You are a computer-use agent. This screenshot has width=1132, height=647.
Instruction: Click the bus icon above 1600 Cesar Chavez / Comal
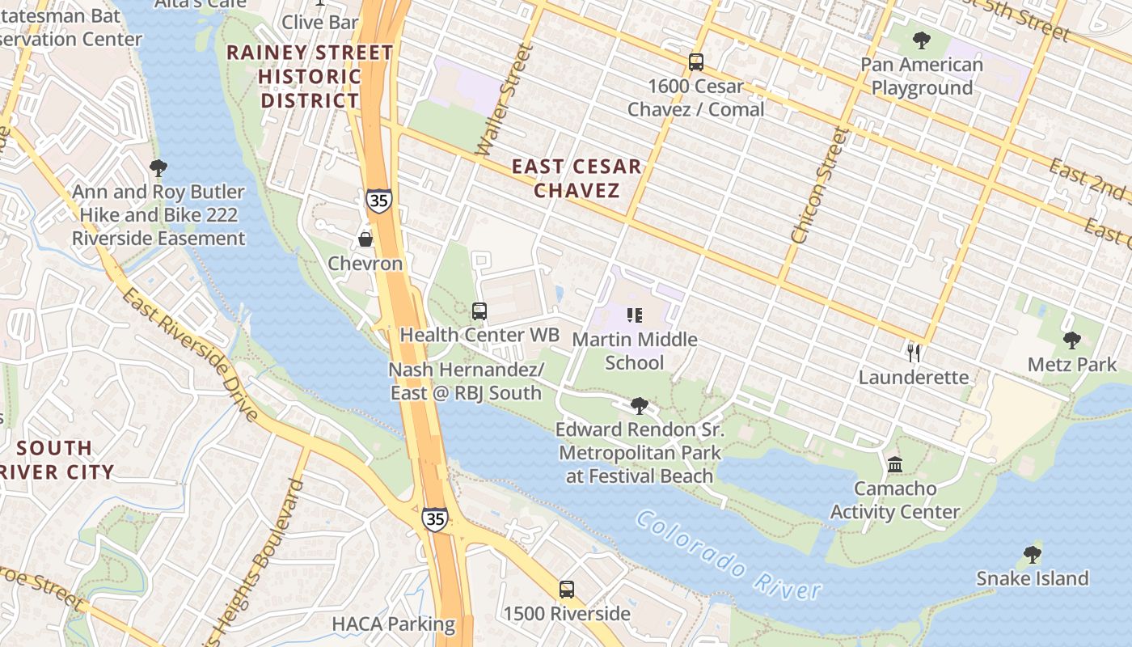695,61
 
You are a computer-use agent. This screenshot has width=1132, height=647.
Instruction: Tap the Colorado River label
728,556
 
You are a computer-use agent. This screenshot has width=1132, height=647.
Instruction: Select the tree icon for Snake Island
1032,555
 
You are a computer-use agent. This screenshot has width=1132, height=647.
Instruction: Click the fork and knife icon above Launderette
914,353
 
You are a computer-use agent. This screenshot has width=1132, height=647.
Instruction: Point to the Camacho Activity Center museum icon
895,465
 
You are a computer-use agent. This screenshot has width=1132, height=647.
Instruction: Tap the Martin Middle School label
635,350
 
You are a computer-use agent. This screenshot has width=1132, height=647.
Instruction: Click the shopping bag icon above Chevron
365,239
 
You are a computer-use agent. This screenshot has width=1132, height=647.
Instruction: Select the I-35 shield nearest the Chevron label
378,200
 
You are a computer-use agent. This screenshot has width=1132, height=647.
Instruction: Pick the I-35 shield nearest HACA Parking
435,518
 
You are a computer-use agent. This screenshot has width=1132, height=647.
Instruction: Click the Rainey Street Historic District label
309,77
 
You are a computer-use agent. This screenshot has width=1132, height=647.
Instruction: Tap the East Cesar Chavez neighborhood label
577,179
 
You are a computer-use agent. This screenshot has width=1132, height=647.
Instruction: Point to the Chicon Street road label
817,186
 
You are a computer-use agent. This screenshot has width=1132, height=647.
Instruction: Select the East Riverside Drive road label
191,353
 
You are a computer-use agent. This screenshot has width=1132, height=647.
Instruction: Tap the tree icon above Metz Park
1072,340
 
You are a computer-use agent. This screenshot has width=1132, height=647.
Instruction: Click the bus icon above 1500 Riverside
567,590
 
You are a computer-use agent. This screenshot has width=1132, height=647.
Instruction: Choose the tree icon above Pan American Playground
921,40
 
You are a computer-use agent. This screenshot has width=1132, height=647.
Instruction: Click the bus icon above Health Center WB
479,311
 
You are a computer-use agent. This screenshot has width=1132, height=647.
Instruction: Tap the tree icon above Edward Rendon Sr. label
640,405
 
